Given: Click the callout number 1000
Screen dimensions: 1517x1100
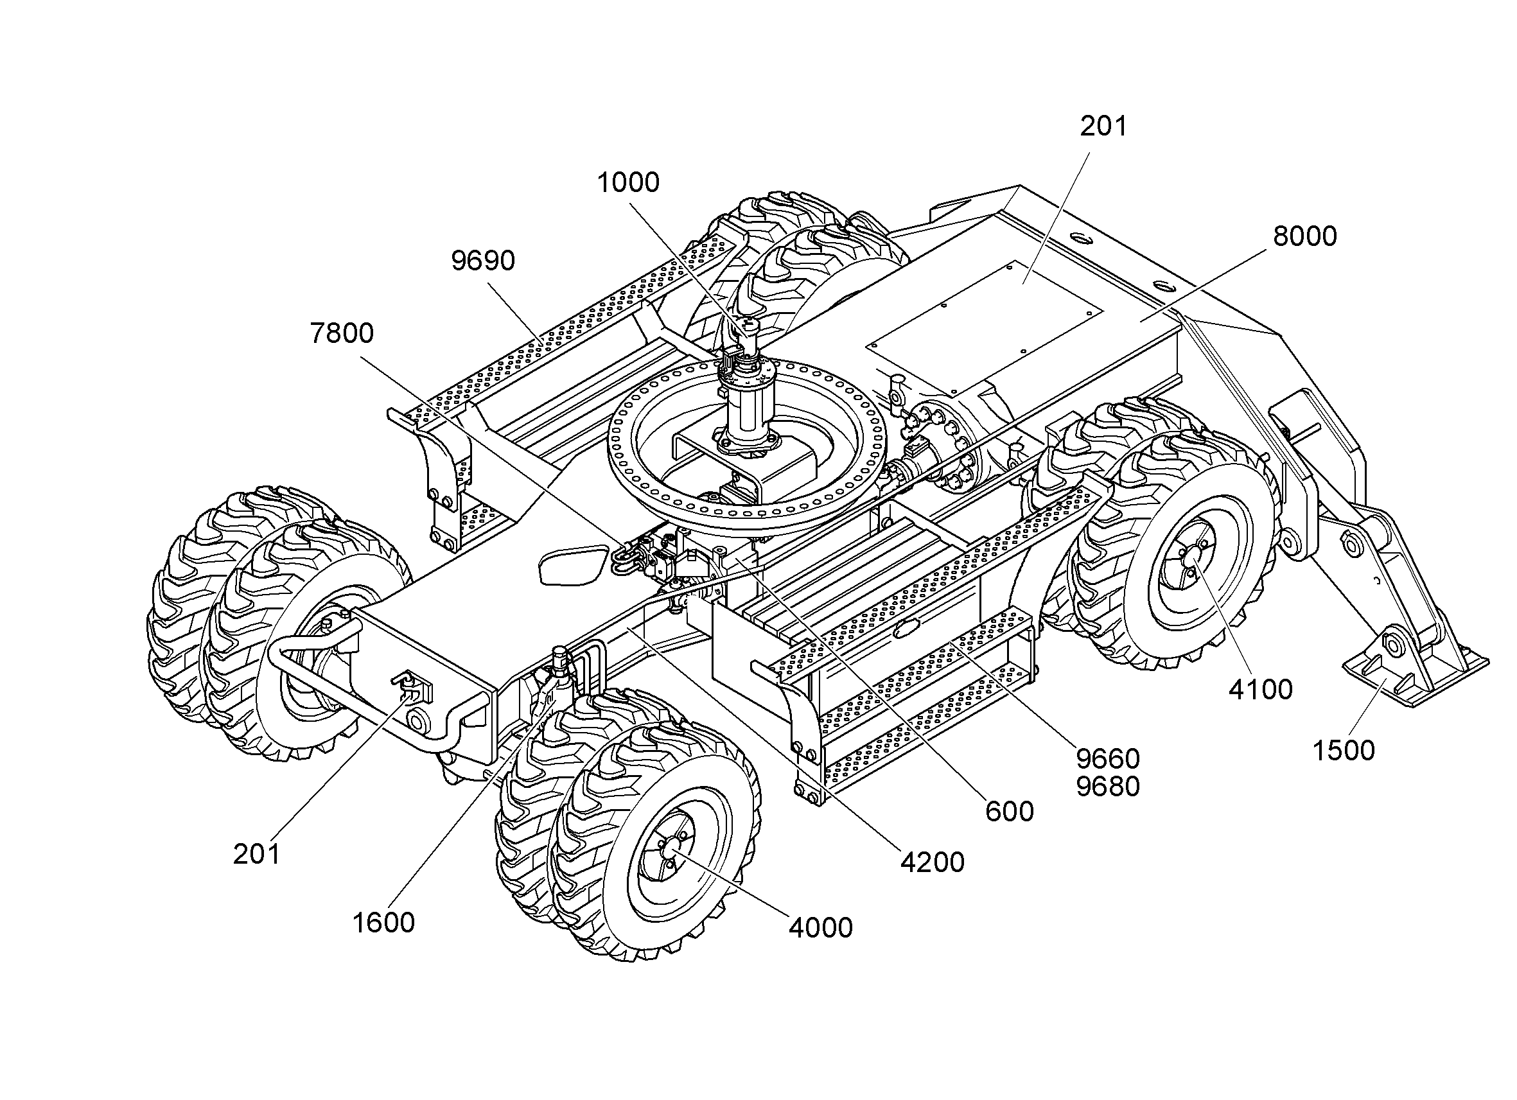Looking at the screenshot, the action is coord(627,182).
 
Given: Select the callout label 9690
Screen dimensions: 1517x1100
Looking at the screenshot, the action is coord(483,261).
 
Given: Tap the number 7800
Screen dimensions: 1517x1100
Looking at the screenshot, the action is coord(342,333).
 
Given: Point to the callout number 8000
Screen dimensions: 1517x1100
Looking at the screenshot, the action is coord(1304,237).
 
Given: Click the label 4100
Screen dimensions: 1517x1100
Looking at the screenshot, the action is coord(1260,690).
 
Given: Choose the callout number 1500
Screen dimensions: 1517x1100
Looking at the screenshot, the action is coord(1344,751).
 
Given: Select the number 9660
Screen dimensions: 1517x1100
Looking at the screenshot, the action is coord(1108,759).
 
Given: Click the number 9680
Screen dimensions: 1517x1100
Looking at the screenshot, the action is coord(1108,787).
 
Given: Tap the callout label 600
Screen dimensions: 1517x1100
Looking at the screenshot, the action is coord(1010,812).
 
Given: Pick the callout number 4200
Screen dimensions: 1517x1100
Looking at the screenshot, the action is coord(933,863).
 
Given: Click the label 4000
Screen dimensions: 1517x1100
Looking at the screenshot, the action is coord(821,928).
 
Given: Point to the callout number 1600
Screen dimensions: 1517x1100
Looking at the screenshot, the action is coord(383,923).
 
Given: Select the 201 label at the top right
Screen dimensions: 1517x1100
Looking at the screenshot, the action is coord(1103,127).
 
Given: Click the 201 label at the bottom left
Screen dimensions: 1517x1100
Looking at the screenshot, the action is coord(257,855).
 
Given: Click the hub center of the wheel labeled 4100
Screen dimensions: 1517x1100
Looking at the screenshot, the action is coord(1191,554).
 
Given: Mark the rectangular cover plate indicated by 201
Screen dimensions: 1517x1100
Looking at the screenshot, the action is coord(984,327).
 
